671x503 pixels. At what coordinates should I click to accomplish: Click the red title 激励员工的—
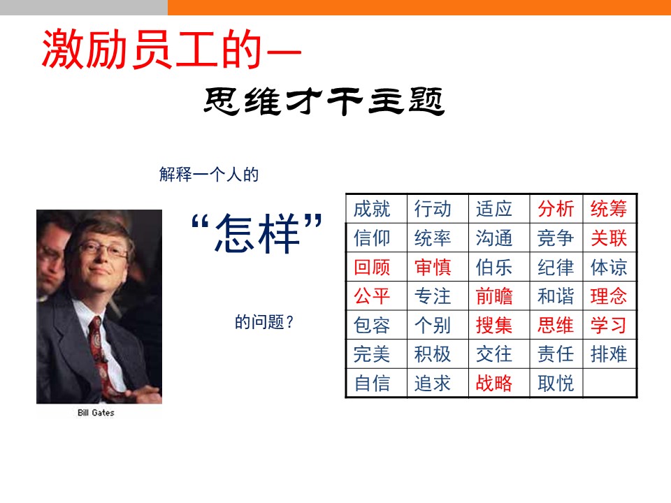point(172,49)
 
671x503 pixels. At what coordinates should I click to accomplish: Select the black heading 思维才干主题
point(324,101)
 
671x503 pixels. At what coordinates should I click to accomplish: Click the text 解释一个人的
point(209,175)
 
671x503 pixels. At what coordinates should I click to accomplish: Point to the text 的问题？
point(264,321)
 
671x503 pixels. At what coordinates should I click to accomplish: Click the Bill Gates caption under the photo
point(96,413)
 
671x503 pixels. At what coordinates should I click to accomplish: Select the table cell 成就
point(372,209)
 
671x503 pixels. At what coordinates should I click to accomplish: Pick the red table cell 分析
point(556,209)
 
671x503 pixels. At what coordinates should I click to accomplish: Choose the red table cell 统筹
point(609,209)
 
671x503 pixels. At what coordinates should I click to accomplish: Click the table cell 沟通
point(494,238)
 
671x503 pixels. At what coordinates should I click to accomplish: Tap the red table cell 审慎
point(433,267)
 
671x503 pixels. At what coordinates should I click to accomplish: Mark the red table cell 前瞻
point(494,296)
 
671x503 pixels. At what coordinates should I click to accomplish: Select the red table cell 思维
point(556,325)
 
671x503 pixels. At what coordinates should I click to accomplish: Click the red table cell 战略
point(494,384)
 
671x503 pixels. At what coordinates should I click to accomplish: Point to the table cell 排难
point(609,354)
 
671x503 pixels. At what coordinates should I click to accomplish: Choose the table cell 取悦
point(556,384)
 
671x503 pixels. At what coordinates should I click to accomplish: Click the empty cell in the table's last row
point(609,384)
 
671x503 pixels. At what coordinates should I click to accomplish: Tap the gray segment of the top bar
point(84,7)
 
